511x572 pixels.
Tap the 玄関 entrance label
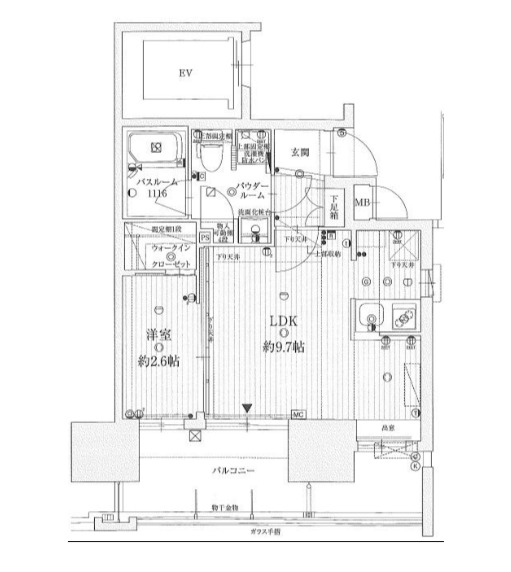pos(300,153)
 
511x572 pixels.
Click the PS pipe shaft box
pos(205,238)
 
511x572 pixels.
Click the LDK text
pos(284,323)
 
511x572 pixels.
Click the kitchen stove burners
pos(405,319)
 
